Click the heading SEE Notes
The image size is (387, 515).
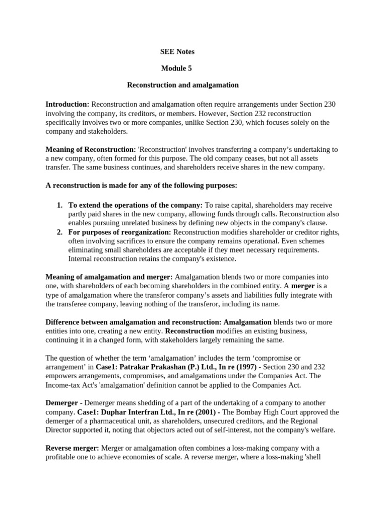coord(177,52)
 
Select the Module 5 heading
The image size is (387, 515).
coord(176,68)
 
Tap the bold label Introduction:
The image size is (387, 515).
coord(68,104)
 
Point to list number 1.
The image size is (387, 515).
coord(59,205)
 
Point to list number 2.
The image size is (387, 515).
coord(59,232)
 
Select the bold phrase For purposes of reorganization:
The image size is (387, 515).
coord(120,232)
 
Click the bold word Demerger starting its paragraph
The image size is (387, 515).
coord(61,403)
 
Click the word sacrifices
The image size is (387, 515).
coord(117,241)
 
